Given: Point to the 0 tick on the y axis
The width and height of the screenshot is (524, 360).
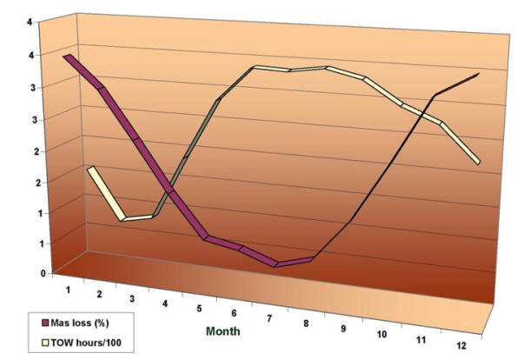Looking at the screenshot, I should (x=43, y=273).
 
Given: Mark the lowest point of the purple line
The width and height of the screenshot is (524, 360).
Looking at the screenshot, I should (x=276, y=263).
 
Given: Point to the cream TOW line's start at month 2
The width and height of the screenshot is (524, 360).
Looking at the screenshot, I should (x=90, y=169).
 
